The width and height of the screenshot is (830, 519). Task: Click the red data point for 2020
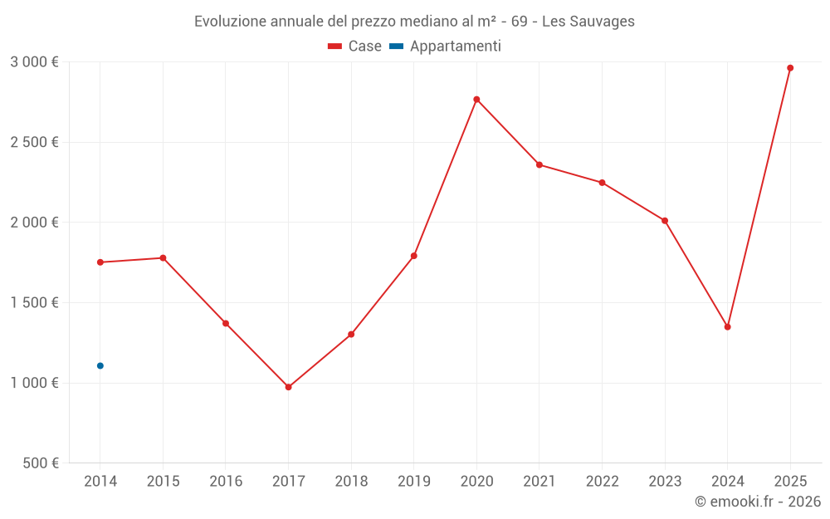(x=476, y=100)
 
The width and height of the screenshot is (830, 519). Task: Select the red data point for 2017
(x=288, y=387)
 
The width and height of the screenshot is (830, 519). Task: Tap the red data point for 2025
(x=790, y=68)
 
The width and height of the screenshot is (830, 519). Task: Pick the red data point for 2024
(x=727, y=327)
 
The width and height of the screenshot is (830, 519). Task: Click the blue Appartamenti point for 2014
(x=100, y=365)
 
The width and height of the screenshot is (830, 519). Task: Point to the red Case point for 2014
(x=100, y=262)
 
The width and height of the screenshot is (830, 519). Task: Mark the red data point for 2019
(x=413, y=256)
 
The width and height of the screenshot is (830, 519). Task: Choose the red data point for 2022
(x=602, y=183)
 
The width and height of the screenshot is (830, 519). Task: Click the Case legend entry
(x=354, y=47)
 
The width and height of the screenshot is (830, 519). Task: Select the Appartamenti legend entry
(x=446, y=47)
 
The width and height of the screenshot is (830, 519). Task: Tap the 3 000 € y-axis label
(x=34, y=61)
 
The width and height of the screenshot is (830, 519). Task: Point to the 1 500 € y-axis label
(x=34, y=302)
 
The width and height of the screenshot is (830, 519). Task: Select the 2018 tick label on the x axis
(x=351, y=482)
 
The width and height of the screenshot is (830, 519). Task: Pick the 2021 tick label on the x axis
(x=539, y=482)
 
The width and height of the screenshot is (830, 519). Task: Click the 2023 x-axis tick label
(x=664, y=482)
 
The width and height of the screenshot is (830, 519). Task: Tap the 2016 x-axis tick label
(x=226, y=482)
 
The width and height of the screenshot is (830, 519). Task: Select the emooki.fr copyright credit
(x=757, y=502)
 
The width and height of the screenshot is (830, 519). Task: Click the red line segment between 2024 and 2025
(x=759, y=198)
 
